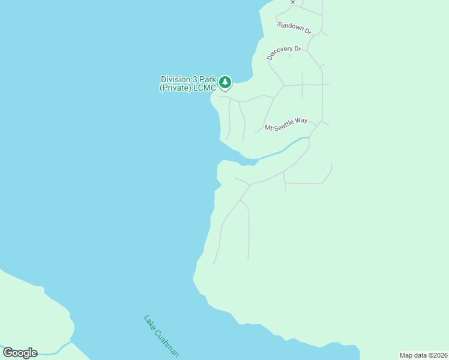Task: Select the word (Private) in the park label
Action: tap(175, 88)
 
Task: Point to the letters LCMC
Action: tap(205, 88)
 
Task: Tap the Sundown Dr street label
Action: tap(294, 28)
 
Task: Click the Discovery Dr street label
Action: tap(283, 52)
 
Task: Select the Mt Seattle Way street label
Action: tap(286, 124)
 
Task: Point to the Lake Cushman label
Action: tap(161, 336)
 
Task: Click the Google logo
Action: tap(20, 353)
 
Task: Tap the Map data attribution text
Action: tap(424, 355)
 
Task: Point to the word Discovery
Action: tap(279, 54)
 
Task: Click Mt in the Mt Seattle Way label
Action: tap(268, 128)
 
